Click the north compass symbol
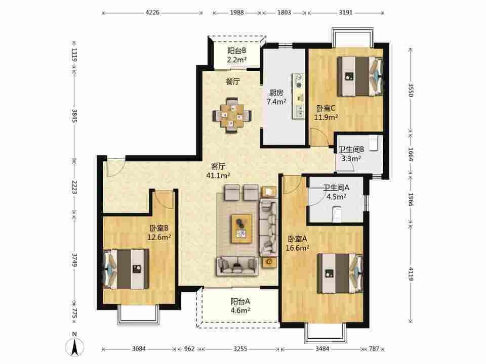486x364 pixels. (x=74, y=345)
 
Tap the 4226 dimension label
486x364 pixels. (x=152, y=12)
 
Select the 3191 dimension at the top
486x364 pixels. (x=346, y=12)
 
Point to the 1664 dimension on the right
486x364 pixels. (x=411, y=154)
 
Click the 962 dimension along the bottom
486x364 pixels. (x=189, y=349)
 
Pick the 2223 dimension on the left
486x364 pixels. (x=74, y=187)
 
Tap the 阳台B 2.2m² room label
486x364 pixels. (x=237, y=55)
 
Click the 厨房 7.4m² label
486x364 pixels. (x=276, y=97)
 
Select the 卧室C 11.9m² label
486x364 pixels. (x=326, y=113)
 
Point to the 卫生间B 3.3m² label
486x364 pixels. (x=351, y=154)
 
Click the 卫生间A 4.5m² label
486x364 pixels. (x=336, y=192)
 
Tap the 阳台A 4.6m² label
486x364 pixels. (x=240, y=305)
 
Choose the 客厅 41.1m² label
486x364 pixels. (x=218, y=170)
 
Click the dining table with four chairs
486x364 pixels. (x=232, y=115)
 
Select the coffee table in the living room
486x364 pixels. (x=241, y=229)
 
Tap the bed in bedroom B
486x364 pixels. (x=126, y=269)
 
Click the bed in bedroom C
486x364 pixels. (x=360, y=76)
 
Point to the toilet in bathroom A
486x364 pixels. (x=337, y=215)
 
